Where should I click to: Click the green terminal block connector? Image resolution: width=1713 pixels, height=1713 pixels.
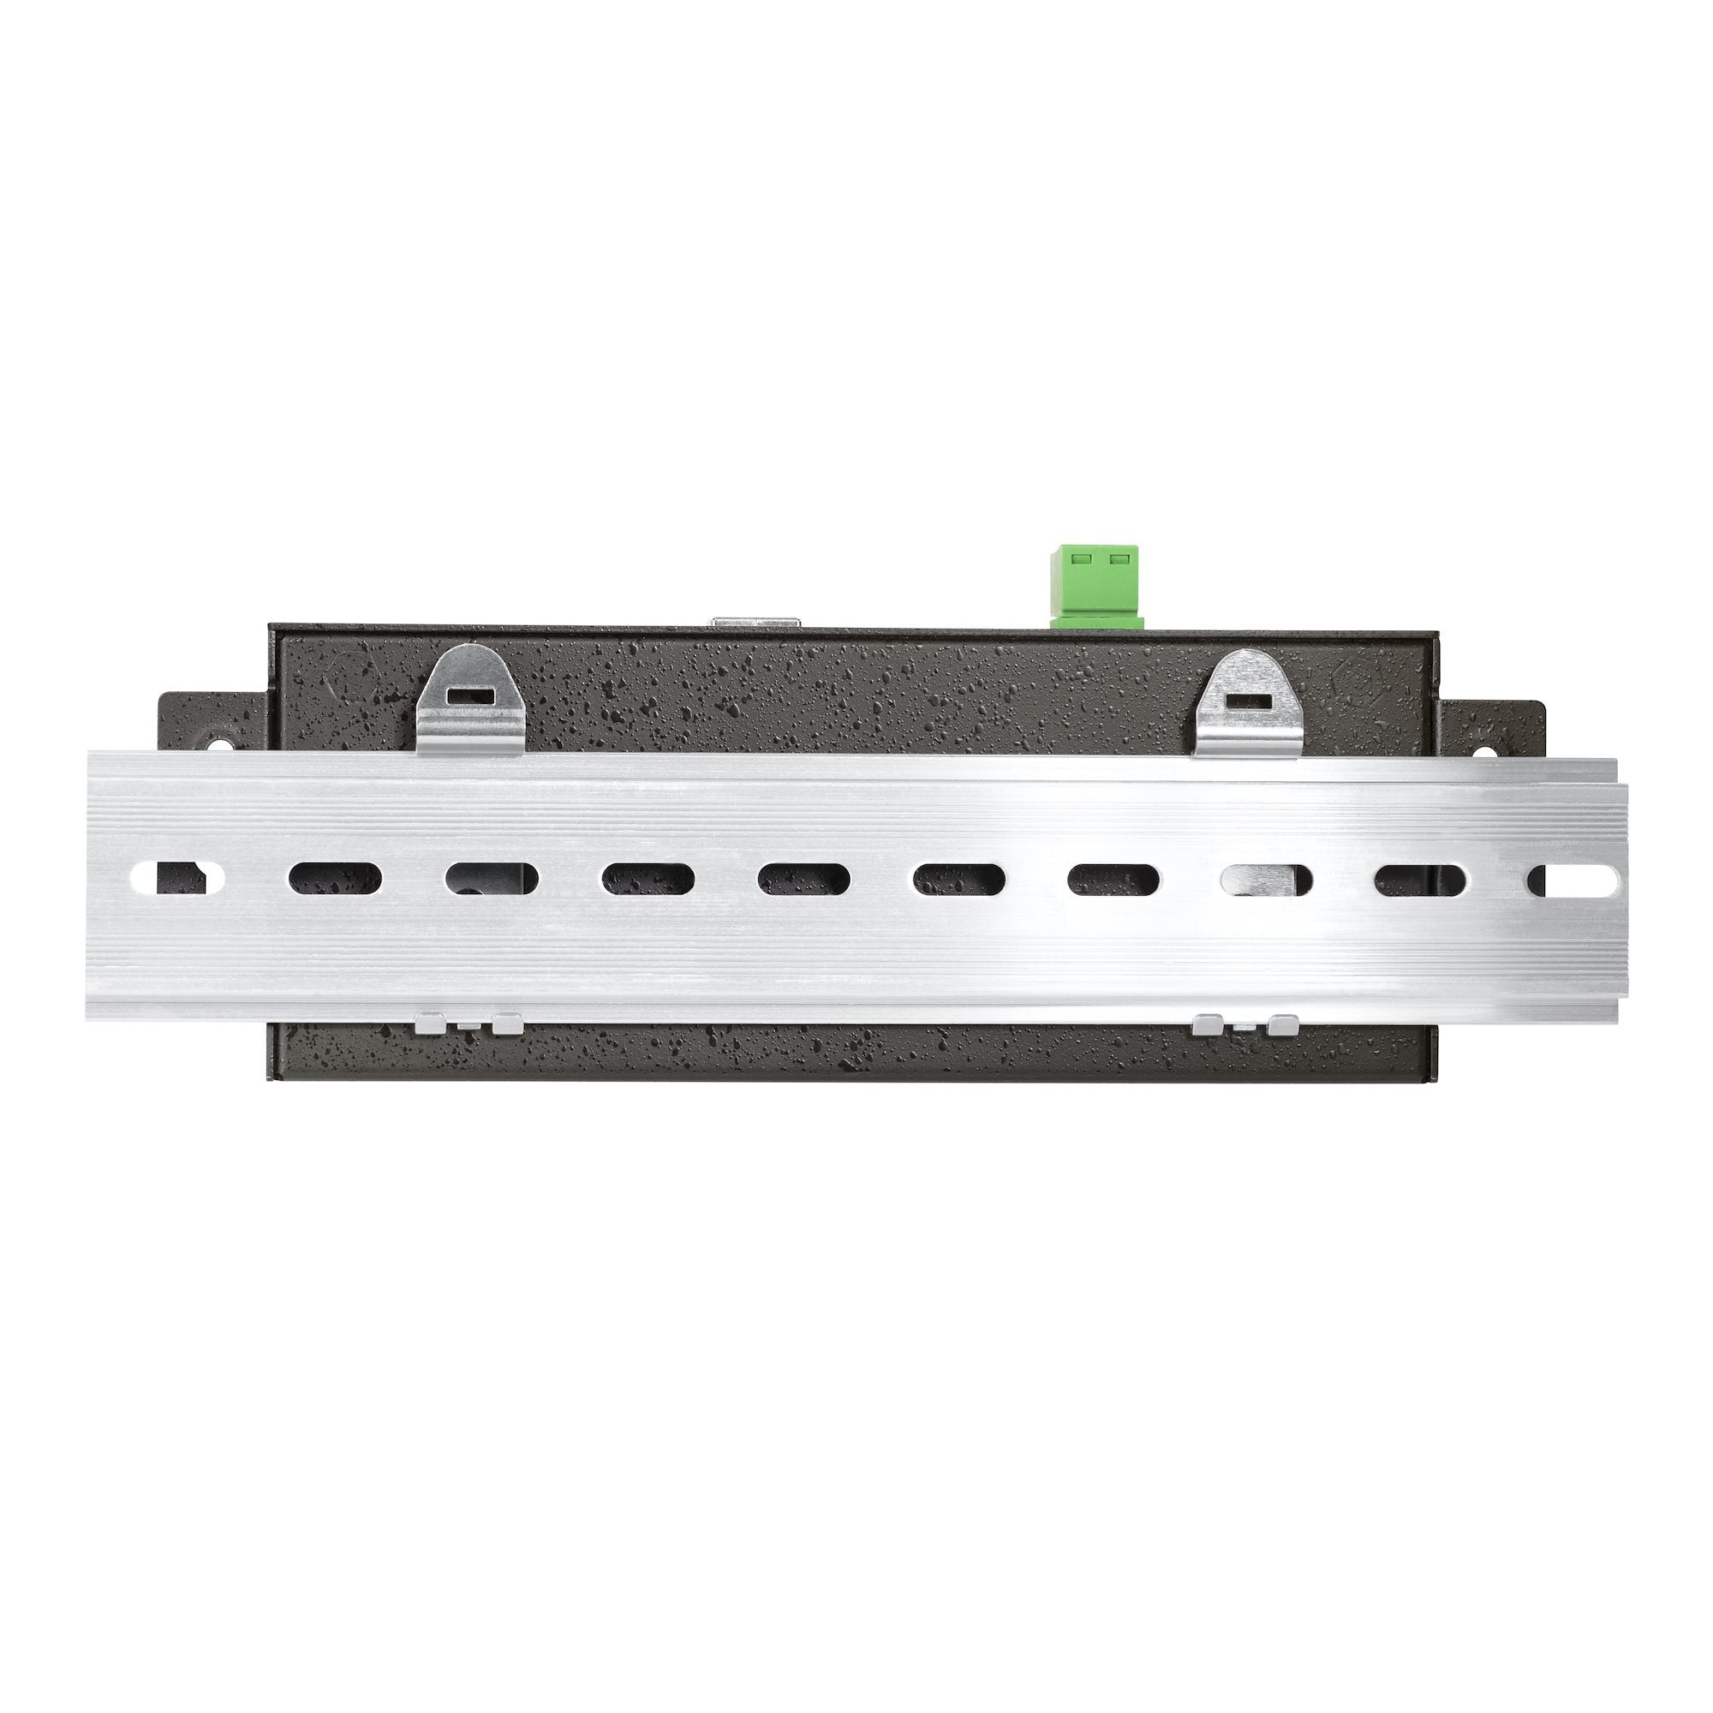click(x=1097, y=585)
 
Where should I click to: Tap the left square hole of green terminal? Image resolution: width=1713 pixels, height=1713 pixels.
click(x=1080, y=560)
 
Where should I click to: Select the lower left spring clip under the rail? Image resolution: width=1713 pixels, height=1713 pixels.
click(x=469, y=1024)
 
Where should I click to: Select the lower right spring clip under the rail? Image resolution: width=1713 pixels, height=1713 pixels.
click(x=1244, y=1025)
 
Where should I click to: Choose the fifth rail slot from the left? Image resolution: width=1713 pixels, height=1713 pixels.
click(x=803, y=880)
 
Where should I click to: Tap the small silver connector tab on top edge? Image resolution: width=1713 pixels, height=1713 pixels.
click(x=756, y=623)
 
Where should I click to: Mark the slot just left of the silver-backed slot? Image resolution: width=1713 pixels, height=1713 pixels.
click(x=1113, y=880)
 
